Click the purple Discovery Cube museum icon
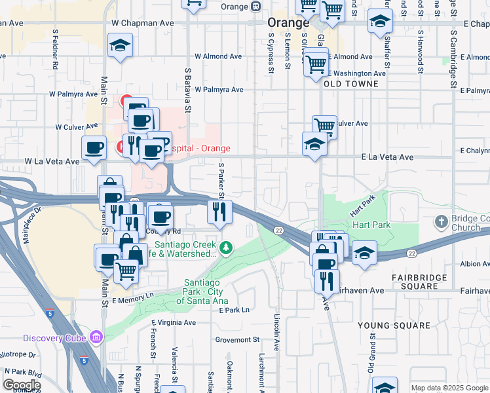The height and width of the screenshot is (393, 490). tap(96, 338)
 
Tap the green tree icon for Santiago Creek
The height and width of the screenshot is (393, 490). tap(226, 247)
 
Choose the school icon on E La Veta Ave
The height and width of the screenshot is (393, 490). tap(315, 143)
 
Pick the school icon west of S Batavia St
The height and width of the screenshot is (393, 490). tap(119, 45)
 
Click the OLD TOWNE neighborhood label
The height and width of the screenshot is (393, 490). tap(351, 84)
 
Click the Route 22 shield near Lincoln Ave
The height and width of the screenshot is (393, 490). tap(279, 230)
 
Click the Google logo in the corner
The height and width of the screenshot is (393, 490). tap(21, 385)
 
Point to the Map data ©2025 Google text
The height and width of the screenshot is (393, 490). tap(449, 388)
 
